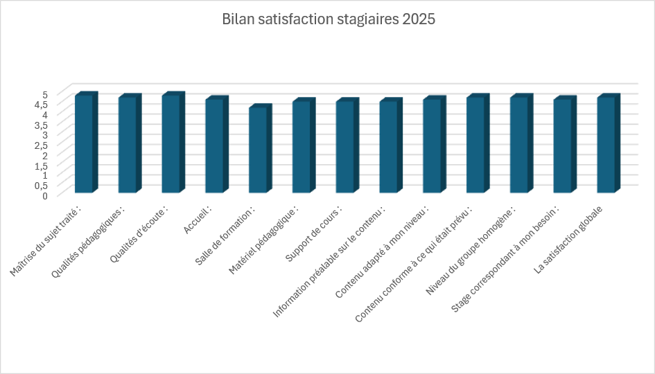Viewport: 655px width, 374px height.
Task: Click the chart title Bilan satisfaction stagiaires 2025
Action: (328, 19)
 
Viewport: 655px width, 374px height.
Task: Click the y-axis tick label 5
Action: (44, 94)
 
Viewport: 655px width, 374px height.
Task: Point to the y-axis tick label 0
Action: (44, 195)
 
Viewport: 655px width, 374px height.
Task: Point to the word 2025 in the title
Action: (418, 19)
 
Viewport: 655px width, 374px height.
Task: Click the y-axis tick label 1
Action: (44, 175)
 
